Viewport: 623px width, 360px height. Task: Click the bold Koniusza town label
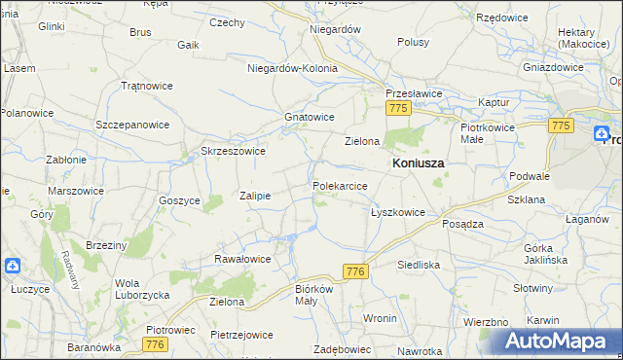tap(418, 164)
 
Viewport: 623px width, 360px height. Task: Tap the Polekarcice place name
tap(340, 185)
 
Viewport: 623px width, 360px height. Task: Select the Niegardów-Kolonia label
tap(292, 69)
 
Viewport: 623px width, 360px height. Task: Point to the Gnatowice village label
tap(310, 117)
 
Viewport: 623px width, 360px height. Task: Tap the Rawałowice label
tap(241, 259)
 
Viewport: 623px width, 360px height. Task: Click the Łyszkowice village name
tap(397, 211)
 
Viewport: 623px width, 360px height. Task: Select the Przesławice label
tap(414, 94)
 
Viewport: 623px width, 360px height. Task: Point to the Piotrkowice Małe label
tap(486, 133)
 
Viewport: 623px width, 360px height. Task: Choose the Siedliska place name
tap(420, 264)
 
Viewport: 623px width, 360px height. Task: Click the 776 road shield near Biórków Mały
tap(354, 273)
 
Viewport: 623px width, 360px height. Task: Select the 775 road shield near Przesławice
tap(396, 110)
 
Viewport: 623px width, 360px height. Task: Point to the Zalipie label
tap(254, 196)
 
